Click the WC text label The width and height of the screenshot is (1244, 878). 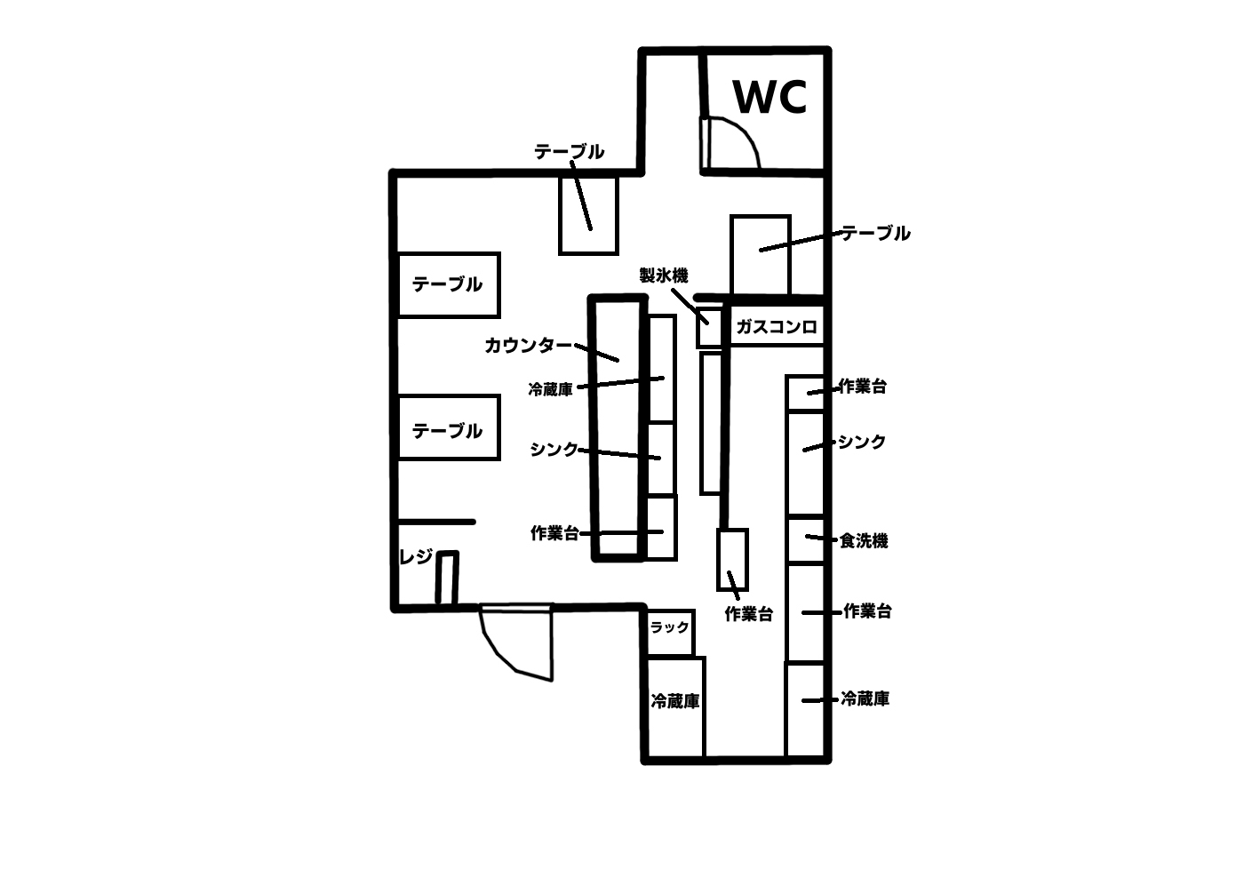[x=770, y=97]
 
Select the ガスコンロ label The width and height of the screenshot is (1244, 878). [x=776, y=327]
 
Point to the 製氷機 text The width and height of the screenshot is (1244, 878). [x=664, y=275]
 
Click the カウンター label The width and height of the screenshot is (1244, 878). [x=529, y=345]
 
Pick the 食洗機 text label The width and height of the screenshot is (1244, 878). [x=864, y=540]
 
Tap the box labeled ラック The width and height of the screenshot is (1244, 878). [x=670, y=628]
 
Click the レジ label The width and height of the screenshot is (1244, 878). [x=416, y=557]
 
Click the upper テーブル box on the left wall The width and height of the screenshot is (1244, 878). [x=448, y=284]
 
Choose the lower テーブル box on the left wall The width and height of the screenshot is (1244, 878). [x=448, y=427]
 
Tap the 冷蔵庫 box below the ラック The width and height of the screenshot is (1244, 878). [x=675, y=706]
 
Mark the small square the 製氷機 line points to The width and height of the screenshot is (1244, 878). [x=708, y=327]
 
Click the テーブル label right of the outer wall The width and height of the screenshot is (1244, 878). [x=876, y=234]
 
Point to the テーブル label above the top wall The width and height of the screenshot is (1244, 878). [x=569, y=152]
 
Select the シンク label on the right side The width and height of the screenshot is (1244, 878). [x=862, y=442]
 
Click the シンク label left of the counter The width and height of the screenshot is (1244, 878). [x=554, y=449]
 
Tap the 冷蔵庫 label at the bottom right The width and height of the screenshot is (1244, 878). [x=865, y=699]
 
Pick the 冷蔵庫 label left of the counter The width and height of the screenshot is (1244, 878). [x=550, y=389]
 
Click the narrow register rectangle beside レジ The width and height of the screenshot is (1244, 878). [x=447, y=579]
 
